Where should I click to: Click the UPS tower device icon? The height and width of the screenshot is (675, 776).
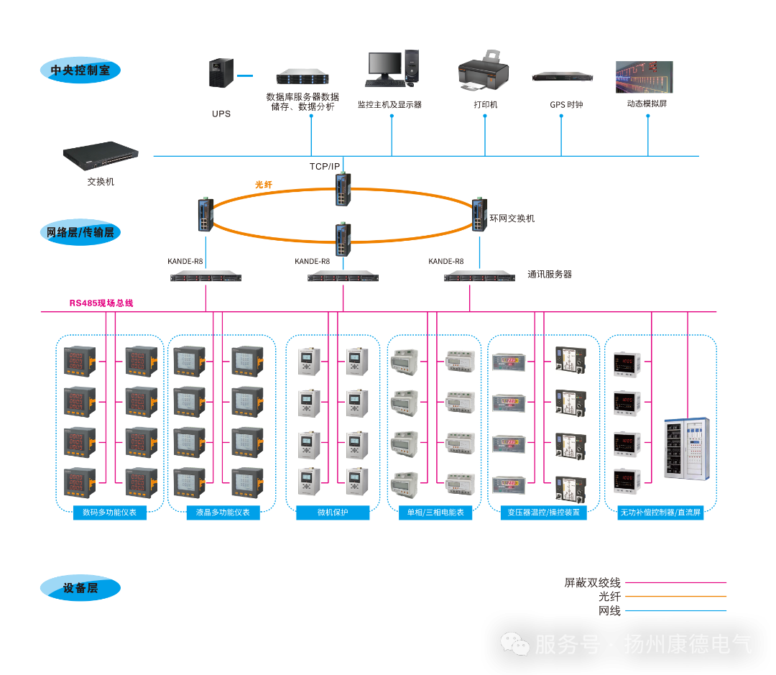click(221, 73)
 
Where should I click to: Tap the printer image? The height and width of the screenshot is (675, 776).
click(483, 72)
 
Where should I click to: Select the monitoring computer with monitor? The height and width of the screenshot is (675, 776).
click(392, 69)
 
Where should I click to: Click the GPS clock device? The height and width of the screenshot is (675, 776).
click(563, 77)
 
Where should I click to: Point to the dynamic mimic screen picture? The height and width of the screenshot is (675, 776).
click(645, 77)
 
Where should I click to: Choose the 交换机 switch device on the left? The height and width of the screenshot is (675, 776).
click(101, 154)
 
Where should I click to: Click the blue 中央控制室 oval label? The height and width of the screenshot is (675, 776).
click(80, 70)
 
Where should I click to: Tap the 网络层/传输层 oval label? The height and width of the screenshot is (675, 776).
click(80, 232)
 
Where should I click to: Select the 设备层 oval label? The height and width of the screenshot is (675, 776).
click(80, 588)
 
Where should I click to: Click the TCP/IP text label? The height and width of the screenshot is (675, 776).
click(325, 166)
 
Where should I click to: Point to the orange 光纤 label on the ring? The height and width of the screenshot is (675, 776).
click(264, 185)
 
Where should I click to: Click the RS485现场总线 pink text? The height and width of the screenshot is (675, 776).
click(101, 303)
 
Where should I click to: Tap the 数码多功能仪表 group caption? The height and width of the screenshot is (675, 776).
click(110, 513)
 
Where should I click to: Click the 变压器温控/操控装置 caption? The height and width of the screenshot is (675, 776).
click(543, 513)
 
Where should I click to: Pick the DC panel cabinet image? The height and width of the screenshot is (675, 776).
click(686, 448)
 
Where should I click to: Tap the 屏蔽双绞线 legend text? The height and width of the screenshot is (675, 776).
click(592, 583)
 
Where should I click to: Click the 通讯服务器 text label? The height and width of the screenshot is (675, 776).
click(550, 274)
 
